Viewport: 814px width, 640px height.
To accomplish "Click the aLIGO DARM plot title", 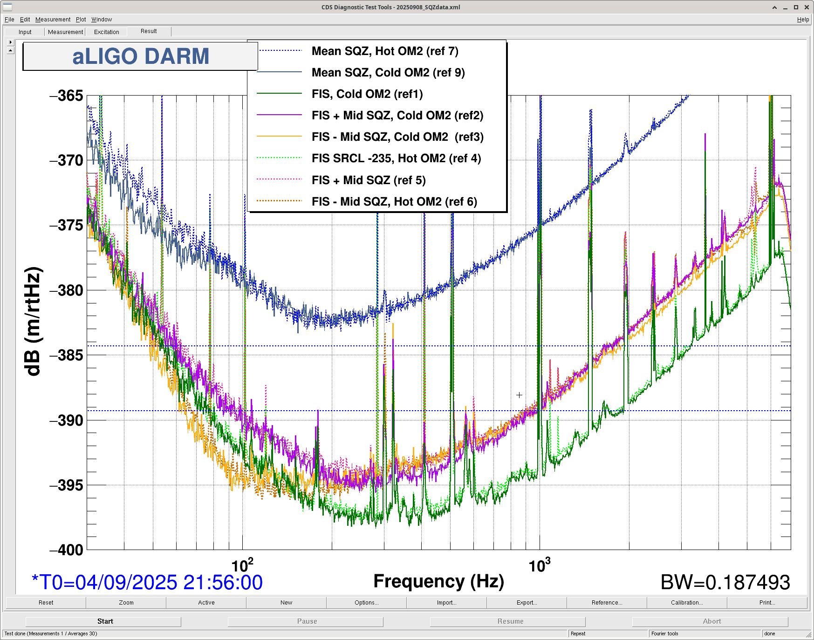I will [x=140, y=56].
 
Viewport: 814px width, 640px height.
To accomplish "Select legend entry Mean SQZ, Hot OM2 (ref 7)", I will [x=384, y=51].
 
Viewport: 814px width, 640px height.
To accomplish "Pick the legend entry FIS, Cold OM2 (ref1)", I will [x=367, y=94].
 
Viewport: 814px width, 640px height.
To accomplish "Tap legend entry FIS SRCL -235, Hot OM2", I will [x=396, y=158].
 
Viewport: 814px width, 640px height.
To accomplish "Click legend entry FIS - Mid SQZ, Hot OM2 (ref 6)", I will [x=394, y=201].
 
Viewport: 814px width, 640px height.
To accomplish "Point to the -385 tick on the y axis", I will [x=67, y=355].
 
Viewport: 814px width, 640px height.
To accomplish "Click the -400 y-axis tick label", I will [x=67, y=550].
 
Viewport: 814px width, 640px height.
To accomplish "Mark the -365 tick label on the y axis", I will [x=67, y=96].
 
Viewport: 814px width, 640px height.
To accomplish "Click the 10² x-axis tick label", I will [x=242, y=565].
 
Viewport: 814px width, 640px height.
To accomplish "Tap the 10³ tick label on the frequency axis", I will [x=539, y=565].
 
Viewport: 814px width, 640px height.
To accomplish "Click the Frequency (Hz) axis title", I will [x=438, y=581].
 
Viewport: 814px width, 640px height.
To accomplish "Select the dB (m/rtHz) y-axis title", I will [x=33, y=322].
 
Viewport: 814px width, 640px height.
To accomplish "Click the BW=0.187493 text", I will [x=725, y=582].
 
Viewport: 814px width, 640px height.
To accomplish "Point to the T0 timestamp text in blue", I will [x=147, y=582].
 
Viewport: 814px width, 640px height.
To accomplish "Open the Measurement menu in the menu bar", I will [x=53, y=20].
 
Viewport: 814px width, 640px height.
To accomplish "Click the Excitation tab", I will [x=106, y=32].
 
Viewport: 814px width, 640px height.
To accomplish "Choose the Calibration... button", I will [x=686, y=603].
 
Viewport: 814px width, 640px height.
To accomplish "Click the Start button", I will [x=105, y=621].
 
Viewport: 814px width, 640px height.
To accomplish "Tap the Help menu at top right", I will [x=802, y=20].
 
